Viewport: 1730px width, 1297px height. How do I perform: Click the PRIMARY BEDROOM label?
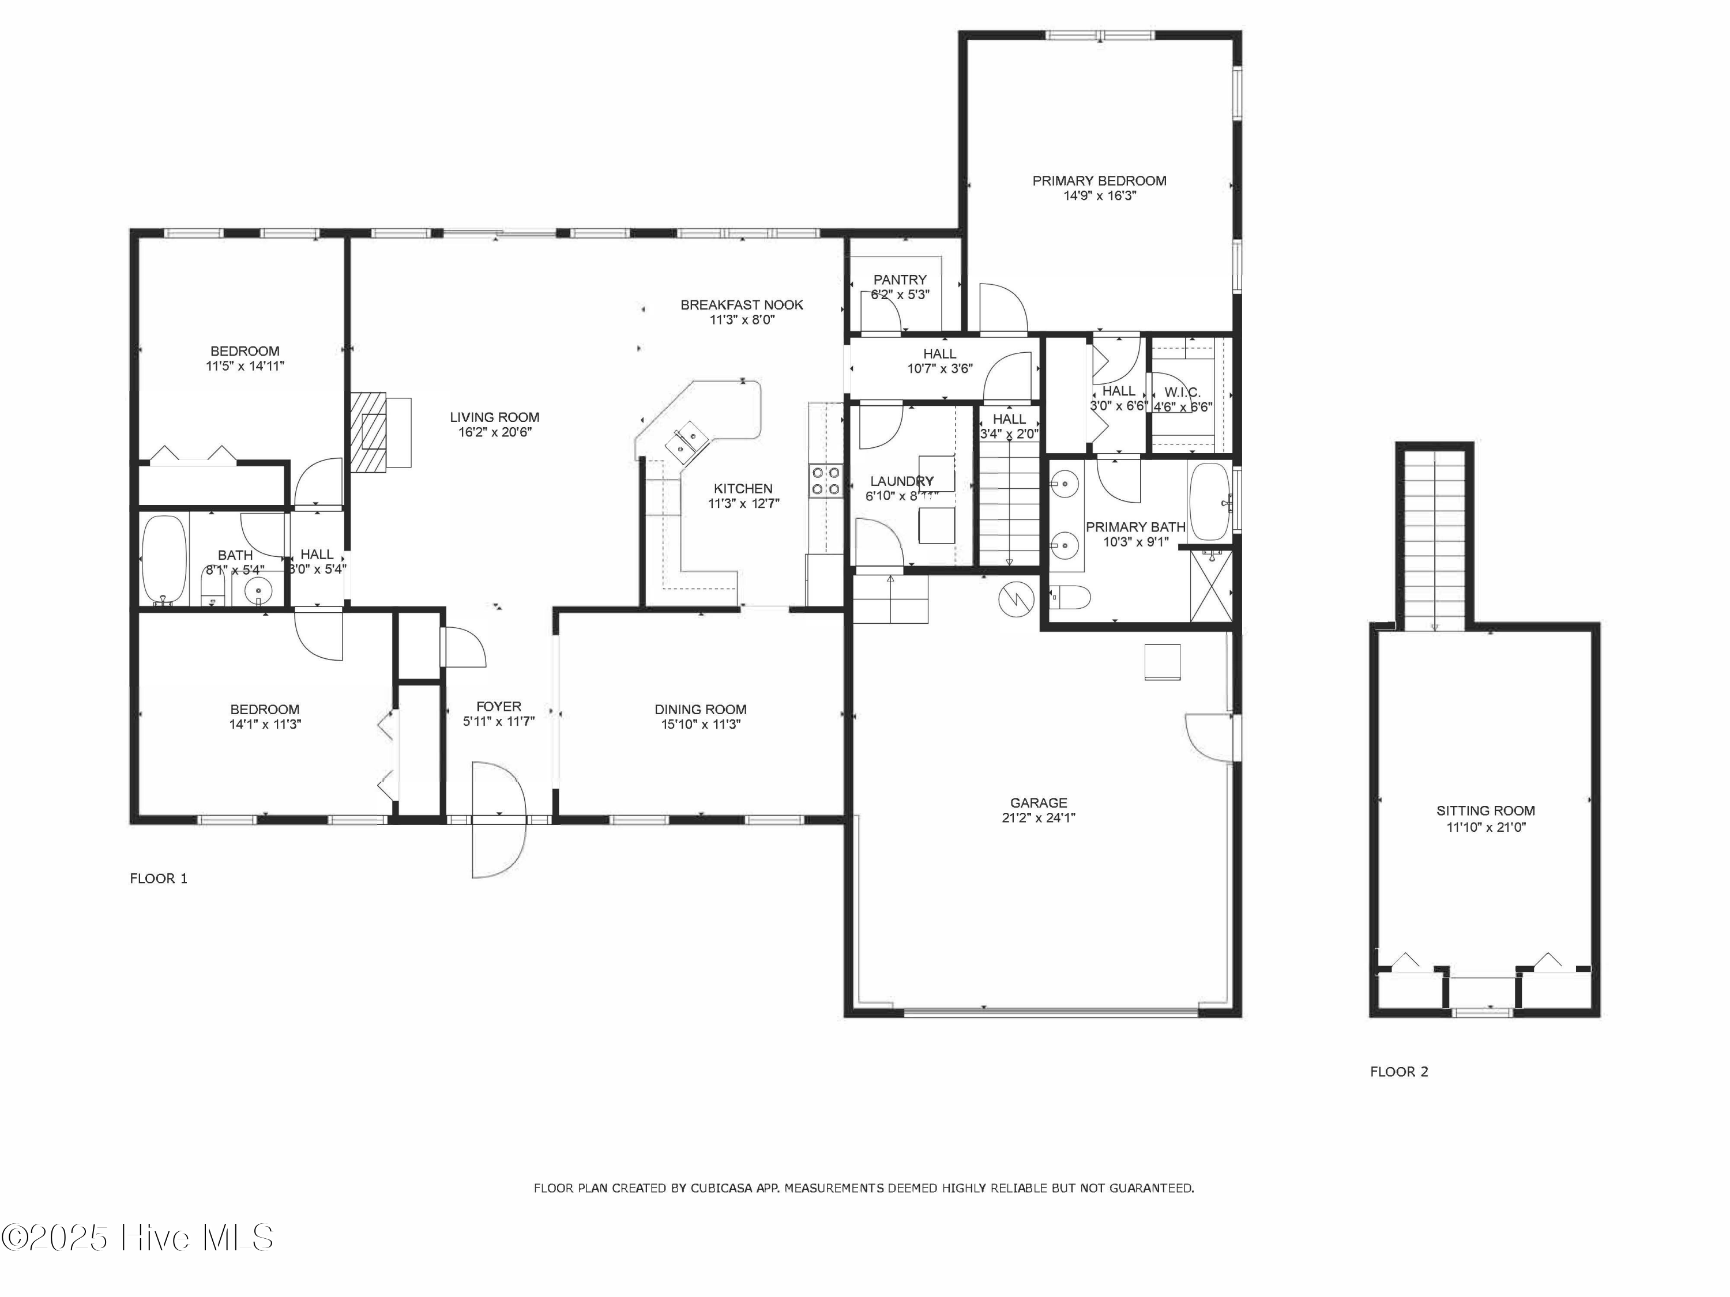[x=1099, y=180]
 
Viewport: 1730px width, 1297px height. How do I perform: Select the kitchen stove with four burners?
[x=825, y=481]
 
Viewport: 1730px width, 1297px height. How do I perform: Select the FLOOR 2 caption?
[x=1398, y=1072]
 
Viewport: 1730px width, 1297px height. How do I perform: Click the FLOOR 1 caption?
[x=158, y=879]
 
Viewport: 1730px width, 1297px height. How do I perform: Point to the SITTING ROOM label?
[x=1484, y=810]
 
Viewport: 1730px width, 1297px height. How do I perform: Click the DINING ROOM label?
[x=700, y=710]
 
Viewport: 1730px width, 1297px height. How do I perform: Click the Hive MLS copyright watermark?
[x=138, y=1238]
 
